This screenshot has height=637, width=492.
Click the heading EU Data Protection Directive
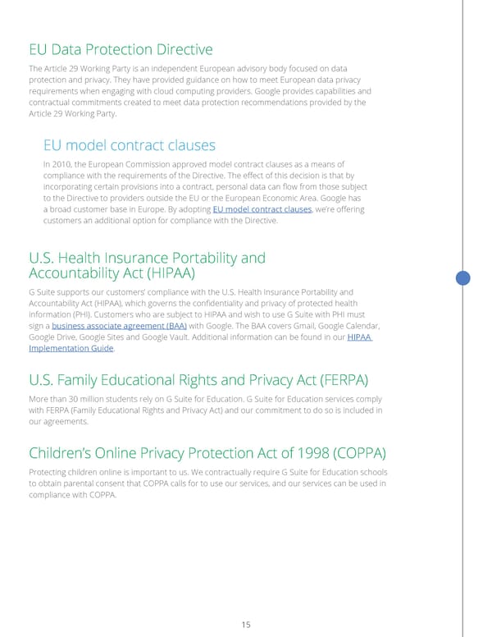click(121, 49)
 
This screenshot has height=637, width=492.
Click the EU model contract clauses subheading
click(129, 145)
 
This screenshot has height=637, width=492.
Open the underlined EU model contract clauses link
click(262, 209)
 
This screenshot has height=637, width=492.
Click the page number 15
click(245, 626)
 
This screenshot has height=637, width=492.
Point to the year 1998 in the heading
click(288, 453)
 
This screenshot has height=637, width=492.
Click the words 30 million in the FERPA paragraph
click(84, 400)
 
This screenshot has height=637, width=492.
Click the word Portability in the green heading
click(223, 258)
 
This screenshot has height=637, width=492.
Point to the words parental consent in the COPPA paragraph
click(88, 484)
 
